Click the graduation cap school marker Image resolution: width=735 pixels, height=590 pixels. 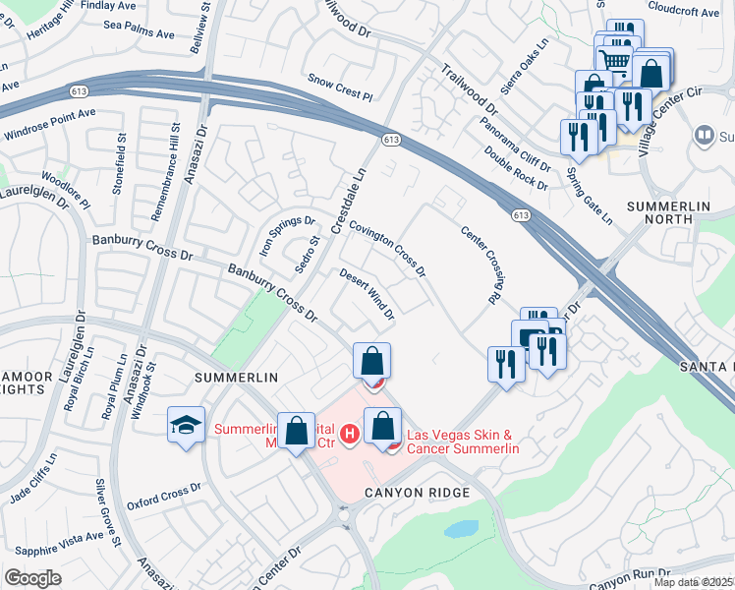pyautogui.click(x=186, y=425)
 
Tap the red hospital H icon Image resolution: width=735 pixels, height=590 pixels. pyautogui.click(x=348, y=433)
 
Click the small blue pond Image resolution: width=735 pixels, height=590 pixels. pyautogui.click(x=461, y=528)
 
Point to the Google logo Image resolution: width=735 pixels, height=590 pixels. pyautogui.click(x=32, y=577)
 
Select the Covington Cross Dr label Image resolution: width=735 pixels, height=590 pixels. pyautogui.click(x=388, y=246)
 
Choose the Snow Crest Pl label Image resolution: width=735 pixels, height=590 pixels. pyautogui.click(x=340, y=88)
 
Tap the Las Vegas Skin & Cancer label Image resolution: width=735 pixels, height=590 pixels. pyautogui.click(x=462, y=442)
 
